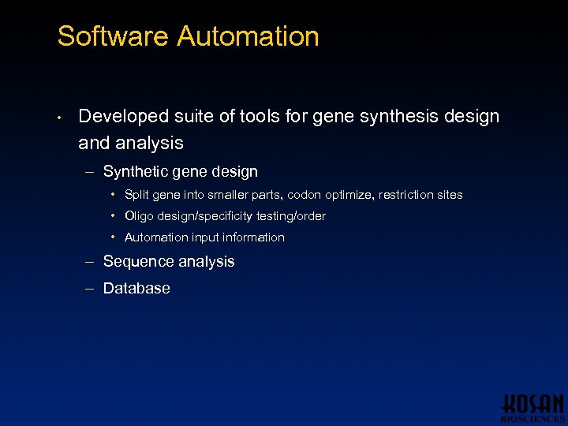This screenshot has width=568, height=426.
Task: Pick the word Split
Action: (x=136, y=195)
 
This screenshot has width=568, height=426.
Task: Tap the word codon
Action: (x=323, y=195)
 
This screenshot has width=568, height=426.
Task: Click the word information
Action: (x=254, y=237)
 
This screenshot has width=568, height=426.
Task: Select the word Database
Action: (x=136, y=289)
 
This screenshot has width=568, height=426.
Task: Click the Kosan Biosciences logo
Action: (x=532, y=405)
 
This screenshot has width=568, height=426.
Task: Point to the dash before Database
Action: (x=89, y=289)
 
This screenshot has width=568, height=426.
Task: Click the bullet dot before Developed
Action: (x=59, y=118)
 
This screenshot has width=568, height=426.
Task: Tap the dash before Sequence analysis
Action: (x=89, y=262)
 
